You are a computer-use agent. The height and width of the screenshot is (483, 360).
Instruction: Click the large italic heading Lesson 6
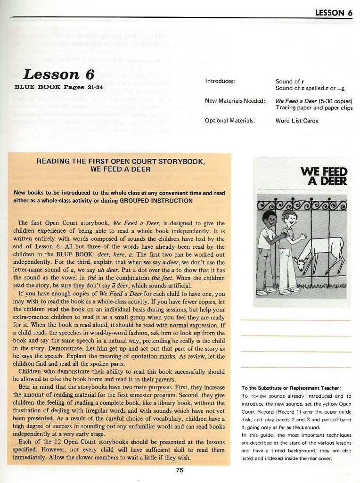(x=58, y=74)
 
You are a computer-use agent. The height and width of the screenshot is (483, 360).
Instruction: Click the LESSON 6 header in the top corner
(x=334, y=13)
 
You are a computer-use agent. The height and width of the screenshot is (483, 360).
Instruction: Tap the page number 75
(x=180, y=470)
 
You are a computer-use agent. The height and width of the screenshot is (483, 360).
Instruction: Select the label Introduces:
(x=220, y=81)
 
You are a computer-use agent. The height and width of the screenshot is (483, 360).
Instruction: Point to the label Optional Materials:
(x=230, y=121)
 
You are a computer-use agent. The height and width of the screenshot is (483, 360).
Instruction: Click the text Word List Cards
(x=297, y=121)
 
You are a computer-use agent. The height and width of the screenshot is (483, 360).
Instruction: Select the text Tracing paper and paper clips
(x=314, y=107)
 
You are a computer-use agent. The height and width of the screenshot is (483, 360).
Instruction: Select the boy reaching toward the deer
(x=288, y=250)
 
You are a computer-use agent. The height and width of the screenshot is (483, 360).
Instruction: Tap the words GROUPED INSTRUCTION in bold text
(x=156, y=200)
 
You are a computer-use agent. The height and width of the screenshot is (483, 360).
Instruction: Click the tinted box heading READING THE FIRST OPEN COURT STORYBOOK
(x=121, y=161)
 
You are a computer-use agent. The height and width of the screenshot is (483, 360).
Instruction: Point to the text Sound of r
(x=288, y=81)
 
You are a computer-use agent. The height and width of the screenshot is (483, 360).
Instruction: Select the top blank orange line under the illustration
(x=295, y=320)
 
